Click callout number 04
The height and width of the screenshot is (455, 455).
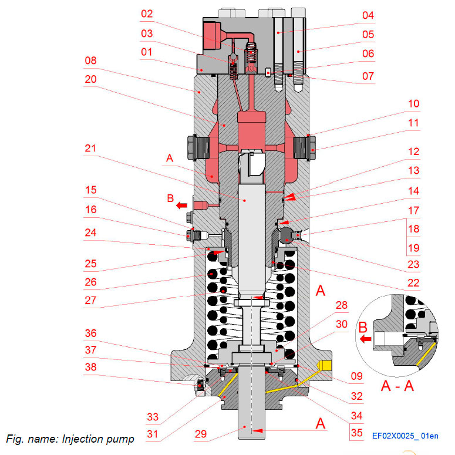368,15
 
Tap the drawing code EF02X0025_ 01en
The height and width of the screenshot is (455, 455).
405,436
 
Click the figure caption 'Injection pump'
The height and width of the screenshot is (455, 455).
70,439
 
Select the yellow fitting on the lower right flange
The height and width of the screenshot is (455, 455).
322,366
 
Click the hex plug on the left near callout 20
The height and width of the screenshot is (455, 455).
194,147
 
